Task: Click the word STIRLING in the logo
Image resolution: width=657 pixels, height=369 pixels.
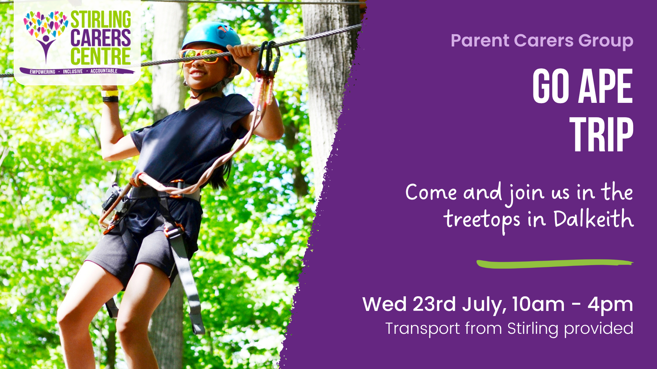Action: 101,19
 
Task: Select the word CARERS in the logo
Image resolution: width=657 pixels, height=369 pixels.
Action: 101,38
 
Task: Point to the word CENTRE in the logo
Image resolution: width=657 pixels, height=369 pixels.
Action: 101,56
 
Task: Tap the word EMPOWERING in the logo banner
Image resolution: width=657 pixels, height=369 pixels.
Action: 42,72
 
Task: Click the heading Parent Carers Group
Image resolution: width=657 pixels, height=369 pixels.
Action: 542,41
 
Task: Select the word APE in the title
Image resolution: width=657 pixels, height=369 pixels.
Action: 605,86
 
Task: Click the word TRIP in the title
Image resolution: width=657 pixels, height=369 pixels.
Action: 601,135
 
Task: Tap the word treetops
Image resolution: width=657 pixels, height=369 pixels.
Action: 481,220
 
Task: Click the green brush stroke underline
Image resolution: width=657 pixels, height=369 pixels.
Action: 554,264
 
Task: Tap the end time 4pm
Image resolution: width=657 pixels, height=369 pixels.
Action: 610,304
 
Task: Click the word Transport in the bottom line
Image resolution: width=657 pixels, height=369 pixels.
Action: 423,329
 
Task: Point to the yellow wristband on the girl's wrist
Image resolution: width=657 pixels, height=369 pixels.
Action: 110,93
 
